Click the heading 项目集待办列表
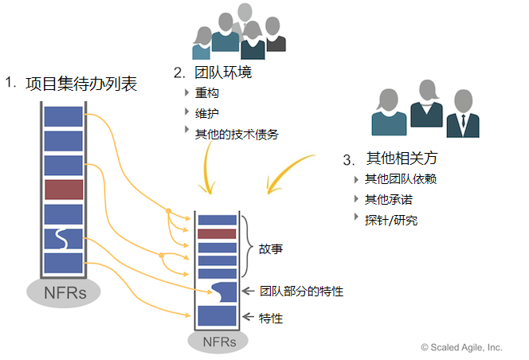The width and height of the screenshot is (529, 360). click(x=80, y=83)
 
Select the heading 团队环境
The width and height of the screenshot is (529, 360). click(x=222, y=72)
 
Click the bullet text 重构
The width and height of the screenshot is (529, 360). click(x=207, y=93)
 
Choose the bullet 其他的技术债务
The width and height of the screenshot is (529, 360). click(x=237, y=133)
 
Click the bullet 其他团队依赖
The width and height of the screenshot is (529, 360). click(x=401, y=179)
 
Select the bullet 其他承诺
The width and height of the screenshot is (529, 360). click(x=388, y=199)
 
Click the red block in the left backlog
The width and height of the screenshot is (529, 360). click(x=64, y=190)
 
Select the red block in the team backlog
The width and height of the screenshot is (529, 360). click(x=217, y=233)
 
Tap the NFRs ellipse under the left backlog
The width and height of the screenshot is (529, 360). click(x=65, y=291)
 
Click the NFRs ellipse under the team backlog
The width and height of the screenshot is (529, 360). click(x=217, y=341)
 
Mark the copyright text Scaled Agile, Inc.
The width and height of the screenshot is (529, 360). click(x=462, y=347)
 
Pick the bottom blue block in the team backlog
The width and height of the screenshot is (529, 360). click(x=217, y=317)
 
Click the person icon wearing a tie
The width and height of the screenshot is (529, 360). click(x=462, y=115)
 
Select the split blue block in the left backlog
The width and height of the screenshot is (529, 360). click(x=64, y=238)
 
